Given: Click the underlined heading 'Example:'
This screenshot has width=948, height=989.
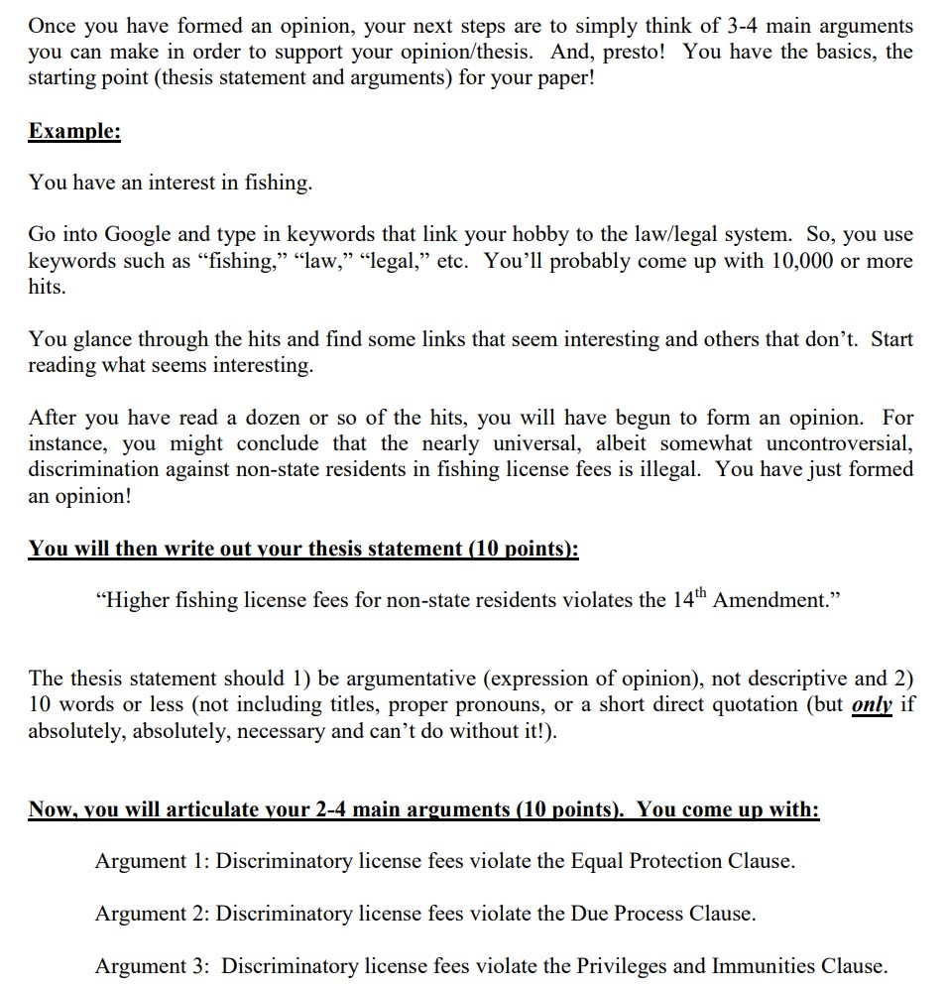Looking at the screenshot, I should coord(74,131).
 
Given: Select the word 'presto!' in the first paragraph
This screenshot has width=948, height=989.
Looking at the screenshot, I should coord(635,51).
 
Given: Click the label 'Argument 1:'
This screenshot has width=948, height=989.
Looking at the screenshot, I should coord(152,861).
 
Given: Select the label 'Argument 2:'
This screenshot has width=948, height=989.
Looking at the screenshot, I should coord(152,914).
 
